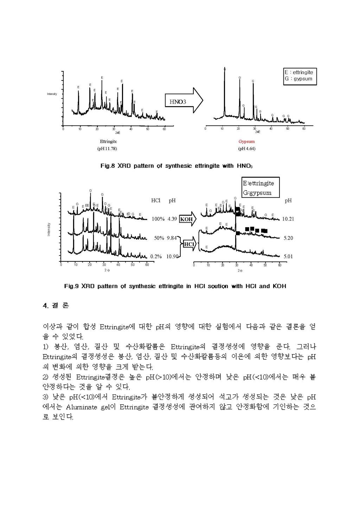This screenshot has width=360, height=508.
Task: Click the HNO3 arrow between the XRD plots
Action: pyautogui.click(x=184, y=101)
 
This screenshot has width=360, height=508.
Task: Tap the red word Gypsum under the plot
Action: pyautogui.click(x=246, y=142)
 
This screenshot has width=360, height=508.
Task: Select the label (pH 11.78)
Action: pyautogui.click(x=107, y=149)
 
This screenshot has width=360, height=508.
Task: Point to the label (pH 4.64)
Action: pyautogui.click(x=246, y=149)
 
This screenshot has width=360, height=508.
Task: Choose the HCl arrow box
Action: pyautogui.click(x=189, y=244)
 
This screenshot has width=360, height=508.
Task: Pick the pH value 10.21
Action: pyautogui.click(x=288, y=219)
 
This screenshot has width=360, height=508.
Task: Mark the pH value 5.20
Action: pyautogui.click(x=288, y=238)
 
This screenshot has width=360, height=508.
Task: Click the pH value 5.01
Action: pyautogui.click(x=288, y=256)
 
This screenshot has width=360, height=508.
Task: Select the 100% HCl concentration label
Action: pyautogui.click(x=158, y=219)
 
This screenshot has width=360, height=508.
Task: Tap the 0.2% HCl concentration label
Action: pyautogui.click(x=156, y=256)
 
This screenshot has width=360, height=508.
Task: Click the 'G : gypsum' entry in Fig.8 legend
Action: pyautogui.click(x=298, y=79)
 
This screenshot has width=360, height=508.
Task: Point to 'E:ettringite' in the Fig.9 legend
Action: pyautogui.click(x=258, y=183)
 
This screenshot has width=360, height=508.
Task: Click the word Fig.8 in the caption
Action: pyautogui.click(x=108, y=166)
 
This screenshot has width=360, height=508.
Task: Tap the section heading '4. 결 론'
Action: pyautogui.click(x=56, y=305)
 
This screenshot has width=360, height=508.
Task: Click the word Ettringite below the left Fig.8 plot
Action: pyautogui.click(x=108, y=142)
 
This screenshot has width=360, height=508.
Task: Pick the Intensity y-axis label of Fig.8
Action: pyautogui.click(x=52, y=94)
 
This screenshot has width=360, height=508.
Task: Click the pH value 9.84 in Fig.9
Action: pyautogui.click(x=171, y=238)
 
